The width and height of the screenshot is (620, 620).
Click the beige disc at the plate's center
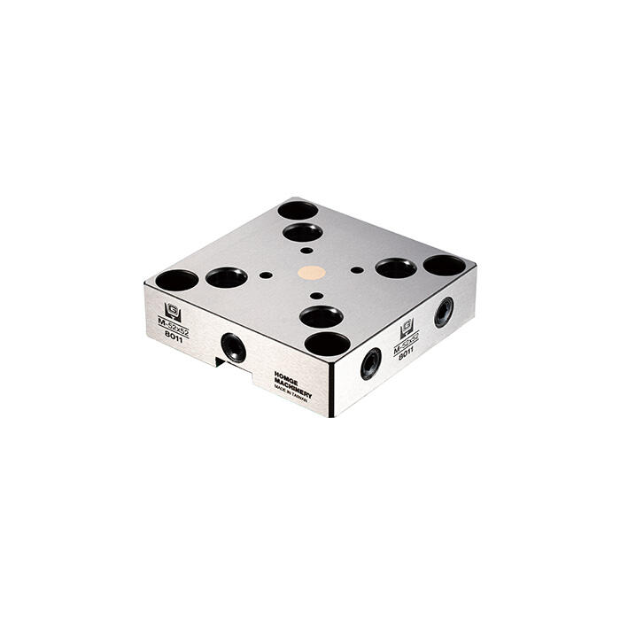(x=311, y=273)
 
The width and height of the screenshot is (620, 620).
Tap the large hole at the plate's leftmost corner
(x=177, y=281)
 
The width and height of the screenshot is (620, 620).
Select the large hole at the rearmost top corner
(x=298, y=211)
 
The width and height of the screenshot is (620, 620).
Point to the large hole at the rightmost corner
(x=444, y=265)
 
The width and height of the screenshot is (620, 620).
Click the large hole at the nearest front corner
(x=327, y=343)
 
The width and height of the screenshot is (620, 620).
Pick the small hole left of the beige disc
(x=266, y=275)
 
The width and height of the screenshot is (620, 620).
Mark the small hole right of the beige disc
(x=357, y=269)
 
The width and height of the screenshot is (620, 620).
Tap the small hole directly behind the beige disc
(x=306, y=251)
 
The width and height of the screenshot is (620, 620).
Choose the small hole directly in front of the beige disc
(x=316, y=296)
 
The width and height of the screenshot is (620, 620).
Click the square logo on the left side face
(x=172, y=311)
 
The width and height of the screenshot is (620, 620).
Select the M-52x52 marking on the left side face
(x=173, y=325)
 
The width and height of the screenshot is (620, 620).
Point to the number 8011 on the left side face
(x=173, y=337)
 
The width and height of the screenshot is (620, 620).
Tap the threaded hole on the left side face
(x=234, y=346)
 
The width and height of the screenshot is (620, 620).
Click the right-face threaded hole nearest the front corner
(x=370, y=363)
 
